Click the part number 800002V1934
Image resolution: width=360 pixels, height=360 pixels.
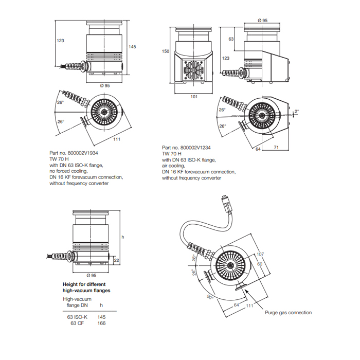point(86,153)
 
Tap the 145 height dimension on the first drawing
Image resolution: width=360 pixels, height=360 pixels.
point(132,47)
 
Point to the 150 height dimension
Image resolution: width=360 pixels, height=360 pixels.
point(165,51)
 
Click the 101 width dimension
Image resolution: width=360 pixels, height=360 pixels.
point(194,96)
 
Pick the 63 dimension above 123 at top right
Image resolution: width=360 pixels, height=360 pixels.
point(231,39)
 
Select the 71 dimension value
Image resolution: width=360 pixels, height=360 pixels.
point(276,148)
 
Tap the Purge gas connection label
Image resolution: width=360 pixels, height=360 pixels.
point(288,312)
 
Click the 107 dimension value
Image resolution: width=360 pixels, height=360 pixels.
point(260,254)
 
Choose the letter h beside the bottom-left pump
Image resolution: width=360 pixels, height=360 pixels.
point(122,237)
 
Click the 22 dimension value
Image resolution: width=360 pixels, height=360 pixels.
point(117,261)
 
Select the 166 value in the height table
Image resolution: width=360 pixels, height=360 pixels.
point(101,323)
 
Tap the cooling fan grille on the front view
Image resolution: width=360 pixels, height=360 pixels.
point(194,70)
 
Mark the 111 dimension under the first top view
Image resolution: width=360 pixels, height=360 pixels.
point(117,139)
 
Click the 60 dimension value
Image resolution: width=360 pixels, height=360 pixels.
point(260,263)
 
